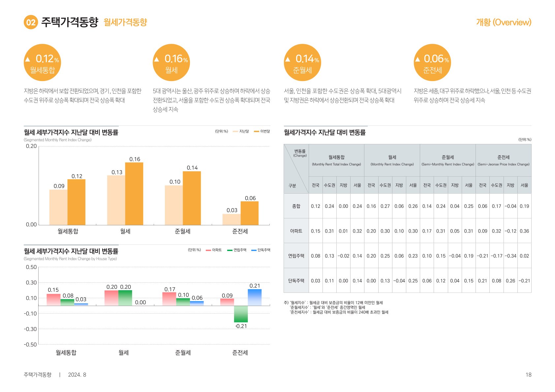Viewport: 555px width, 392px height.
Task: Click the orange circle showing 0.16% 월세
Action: [x=171, y=63]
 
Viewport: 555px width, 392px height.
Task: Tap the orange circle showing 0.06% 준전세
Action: [x=432, y=63]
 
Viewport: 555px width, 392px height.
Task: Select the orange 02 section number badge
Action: [x=31, y=22]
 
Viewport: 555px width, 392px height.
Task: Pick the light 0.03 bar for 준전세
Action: [x=231, y=219]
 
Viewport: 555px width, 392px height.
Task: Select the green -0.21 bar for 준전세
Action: [x=241, y=314]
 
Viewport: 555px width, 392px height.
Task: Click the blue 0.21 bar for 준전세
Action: [x=255, y=297]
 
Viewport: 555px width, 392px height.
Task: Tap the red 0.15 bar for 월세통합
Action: [x=53, y=299]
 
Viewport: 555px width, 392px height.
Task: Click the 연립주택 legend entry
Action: [x=237, y=250]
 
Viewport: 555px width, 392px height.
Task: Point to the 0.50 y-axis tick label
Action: [x=31, y=267]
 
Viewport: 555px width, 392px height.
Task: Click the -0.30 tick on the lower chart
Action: [x=30, y=329]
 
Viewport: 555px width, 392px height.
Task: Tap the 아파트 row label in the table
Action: [x=296, y=231]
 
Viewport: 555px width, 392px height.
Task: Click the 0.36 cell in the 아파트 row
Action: [x=524, y=231]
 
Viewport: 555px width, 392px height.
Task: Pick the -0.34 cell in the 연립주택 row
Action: [x=510, y=256]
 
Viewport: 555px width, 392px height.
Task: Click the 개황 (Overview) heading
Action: [x=504, y=22]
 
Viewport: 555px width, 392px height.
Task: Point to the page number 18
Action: [x=528, y=375]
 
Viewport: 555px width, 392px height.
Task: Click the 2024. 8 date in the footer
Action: [x=77, y=375]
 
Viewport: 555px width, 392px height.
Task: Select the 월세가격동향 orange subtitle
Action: [x=125, y=22]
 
